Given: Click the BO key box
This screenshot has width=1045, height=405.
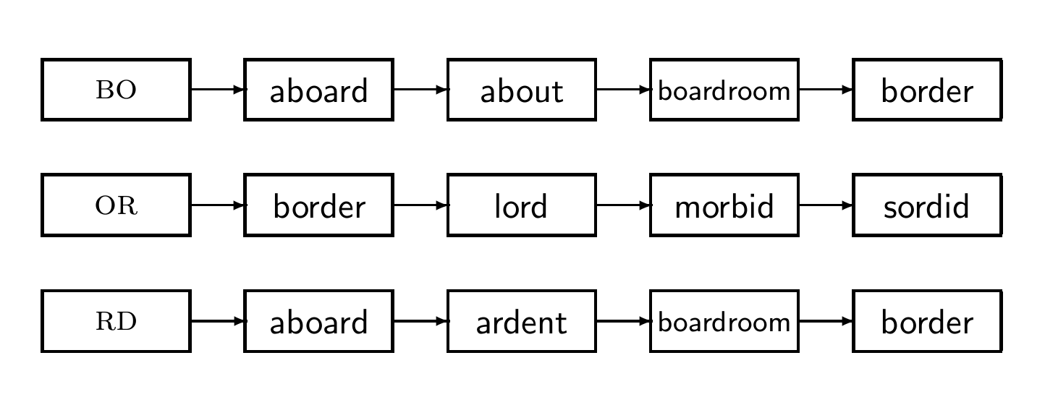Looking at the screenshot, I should (116, 90).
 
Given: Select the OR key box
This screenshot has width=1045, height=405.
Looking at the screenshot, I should (116, 205).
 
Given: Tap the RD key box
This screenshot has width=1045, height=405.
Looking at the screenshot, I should (116, 321).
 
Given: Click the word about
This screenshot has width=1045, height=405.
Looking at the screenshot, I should (521, 90).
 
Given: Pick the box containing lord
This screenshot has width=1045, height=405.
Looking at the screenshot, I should (521, 205).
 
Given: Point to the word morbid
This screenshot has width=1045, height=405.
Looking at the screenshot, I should (724, 205).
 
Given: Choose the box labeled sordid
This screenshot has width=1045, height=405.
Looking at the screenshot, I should (926, 205).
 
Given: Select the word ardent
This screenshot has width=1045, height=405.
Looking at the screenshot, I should (521, 321).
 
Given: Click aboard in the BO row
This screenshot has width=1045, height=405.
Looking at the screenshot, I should (318, 90).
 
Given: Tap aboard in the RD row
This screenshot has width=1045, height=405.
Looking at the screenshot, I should (318, 321).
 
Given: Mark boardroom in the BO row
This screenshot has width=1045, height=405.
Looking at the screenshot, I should (724, 90).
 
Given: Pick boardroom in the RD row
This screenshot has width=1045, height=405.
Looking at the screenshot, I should (724, 321).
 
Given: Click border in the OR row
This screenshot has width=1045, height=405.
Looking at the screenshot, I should (318, 205).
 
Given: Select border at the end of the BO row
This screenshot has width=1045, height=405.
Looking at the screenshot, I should (926, 90).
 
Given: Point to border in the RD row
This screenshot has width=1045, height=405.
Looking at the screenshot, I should (926, 321).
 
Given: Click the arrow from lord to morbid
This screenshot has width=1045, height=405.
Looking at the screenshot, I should (622, 205).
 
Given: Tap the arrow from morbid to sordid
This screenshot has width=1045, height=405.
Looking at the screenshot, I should (825, 205).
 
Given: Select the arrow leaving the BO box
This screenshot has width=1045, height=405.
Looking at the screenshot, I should (217, 90).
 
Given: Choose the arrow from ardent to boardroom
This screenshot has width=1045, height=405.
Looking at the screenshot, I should (622, 321).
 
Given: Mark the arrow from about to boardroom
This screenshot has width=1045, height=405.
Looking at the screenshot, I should (622, 90).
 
